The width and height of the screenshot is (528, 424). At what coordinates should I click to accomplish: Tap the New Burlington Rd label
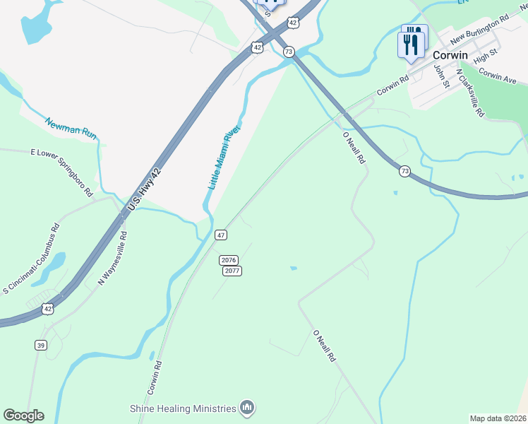point(479,29)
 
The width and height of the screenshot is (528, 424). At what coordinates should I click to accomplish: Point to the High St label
point(486,56)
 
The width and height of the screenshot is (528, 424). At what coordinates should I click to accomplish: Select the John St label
point(442,76)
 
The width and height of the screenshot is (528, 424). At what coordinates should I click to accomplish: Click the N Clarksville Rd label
point(470,93)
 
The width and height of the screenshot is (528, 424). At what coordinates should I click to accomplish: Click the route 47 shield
point(221,235)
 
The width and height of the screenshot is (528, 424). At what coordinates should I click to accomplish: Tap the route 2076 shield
point(228,260)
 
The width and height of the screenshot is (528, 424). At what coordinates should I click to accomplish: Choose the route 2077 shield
point(232,271)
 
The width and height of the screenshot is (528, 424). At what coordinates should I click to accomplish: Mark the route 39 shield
point(42,345)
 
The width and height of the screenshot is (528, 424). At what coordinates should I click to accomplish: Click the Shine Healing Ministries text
point(182,408)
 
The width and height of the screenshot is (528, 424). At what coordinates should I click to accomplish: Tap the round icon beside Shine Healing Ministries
point(247,408)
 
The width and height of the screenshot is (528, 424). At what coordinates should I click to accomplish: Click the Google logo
point(23,416)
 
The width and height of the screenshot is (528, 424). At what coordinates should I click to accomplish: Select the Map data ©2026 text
point(498,418)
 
